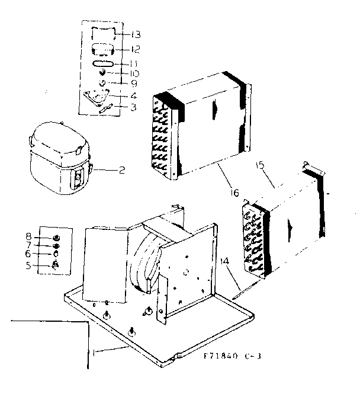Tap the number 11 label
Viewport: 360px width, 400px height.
pyautogui.click(x=136, y=63)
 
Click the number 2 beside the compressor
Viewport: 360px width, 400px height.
pyautogui.click(x=121, y=171)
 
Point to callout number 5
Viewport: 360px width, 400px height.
pyautogui.click(x=45, y=265)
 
